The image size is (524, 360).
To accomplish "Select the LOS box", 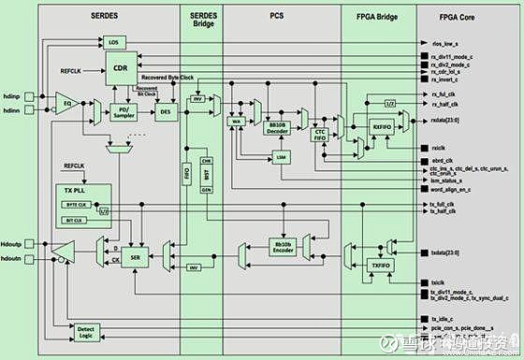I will [114, 43].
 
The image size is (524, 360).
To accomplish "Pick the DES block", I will [165, 111].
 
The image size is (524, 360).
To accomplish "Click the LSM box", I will [281, 159].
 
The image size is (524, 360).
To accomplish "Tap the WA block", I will [237, 122].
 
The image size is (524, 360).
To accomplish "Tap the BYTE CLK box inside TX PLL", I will [75, 204].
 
